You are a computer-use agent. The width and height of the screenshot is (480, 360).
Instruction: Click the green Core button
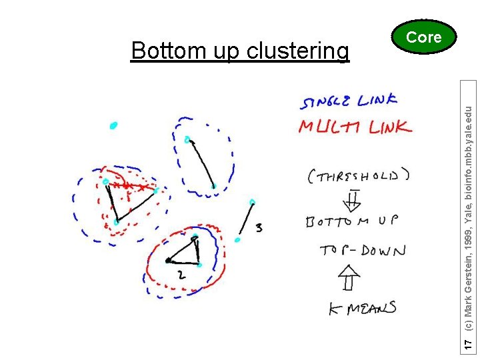[x=424, y=38]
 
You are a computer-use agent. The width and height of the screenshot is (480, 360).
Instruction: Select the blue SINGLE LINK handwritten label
[x=349, y=101]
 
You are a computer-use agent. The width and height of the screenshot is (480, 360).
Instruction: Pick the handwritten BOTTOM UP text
[x=351, y=221]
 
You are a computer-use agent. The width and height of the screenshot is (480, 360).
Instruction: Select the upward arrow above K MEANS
[x=349, y=279]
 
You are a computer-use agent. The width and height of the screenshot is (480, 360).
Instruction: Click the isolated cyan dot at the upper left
[x=113, y=125]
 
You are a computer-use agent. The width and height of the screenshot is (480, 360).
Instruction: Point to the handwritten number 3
[x=258, y=229]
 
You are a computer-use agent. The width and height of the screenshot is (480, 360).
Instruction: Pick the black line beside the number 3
[x=245, y=221]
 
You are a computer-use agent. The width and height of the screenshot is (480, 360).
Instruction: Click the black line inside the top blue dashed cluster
[x=201, y=163]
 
